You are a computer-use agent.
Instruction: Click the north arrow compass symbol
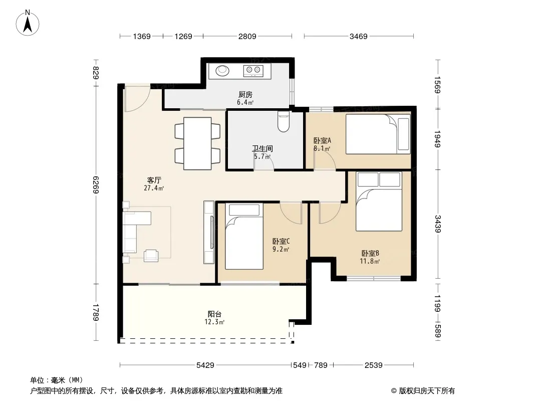tap(28, 23)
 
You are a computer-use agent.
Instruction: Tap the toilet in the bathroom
tap(284, 122)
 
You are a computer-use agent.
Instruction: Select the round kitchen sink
tap(222, 71)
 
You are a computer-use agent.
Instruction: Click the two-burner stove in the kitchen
tap(253, 71)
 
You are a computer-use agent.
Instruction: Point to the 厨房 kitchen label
tap(245, 94)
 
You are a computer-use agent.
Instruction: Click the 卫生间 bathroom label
tap(262, 148)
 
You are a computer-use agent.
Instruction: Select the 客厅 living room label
tap(154, 180)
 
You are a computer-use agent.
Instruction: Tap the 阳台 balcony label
tap(214, 314)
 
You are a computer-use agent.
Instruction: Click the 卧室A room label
tap(322, 140)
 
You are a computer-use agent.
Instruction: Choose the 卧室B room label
tap(370, 254)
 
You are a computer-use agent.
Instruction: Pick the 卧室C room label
tap(281, 241)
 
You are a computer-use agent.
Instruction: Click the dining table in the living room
tap(197, 143)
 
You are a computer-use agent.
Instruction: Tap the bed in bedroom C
tap(244, 236)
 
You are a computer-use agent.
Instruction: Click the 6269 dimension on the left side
tap(96, 184)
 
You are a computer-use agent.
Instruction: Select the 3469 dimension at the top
tap(358, 36)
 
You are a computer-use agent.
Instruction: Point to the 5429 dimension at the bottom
tap(205, 365)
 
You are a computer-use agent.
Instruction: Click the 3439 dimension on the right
tap(438, 224)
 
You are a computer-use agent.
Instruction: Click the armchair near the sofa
tap(151, 256)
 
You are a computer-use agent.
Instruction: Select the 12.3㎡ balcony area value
tap(214, 322)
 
